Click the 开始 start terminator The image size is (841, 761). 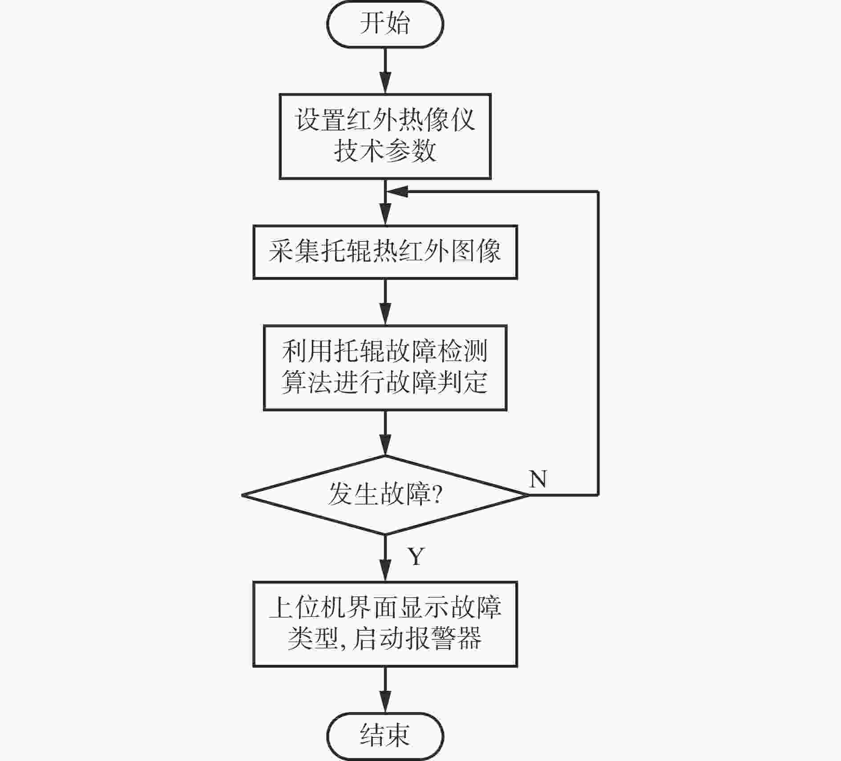(x=385, y=24)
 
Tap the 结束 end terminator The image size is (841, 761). (x=385, y=736)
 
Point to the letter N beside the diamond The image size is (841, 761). (x=538, y=479)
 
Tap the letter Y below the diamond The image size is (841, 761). (x=416, y=556)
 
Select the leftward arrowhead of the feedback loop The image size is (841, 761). (x=397, y=192)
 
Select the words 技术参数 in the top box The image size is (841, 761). (x=385, y=151)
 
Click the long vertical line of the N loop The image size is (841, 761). (x=598, y=343)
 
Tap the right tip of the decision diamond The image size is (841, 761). (x=529, y=495)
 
